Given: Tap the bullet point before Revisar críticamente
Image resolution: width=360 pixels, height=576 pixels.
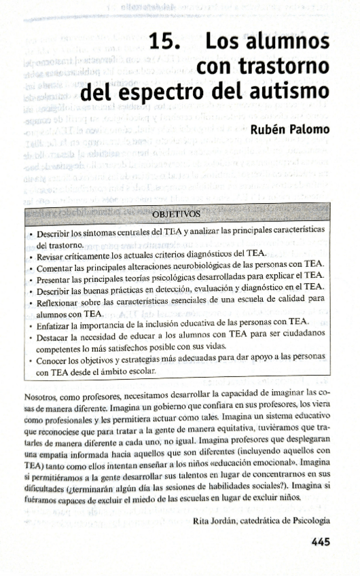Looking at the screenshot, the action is point(31,257).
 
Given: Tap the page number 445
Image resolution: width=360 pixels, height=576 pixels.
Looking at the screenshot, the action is point(320,541).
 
